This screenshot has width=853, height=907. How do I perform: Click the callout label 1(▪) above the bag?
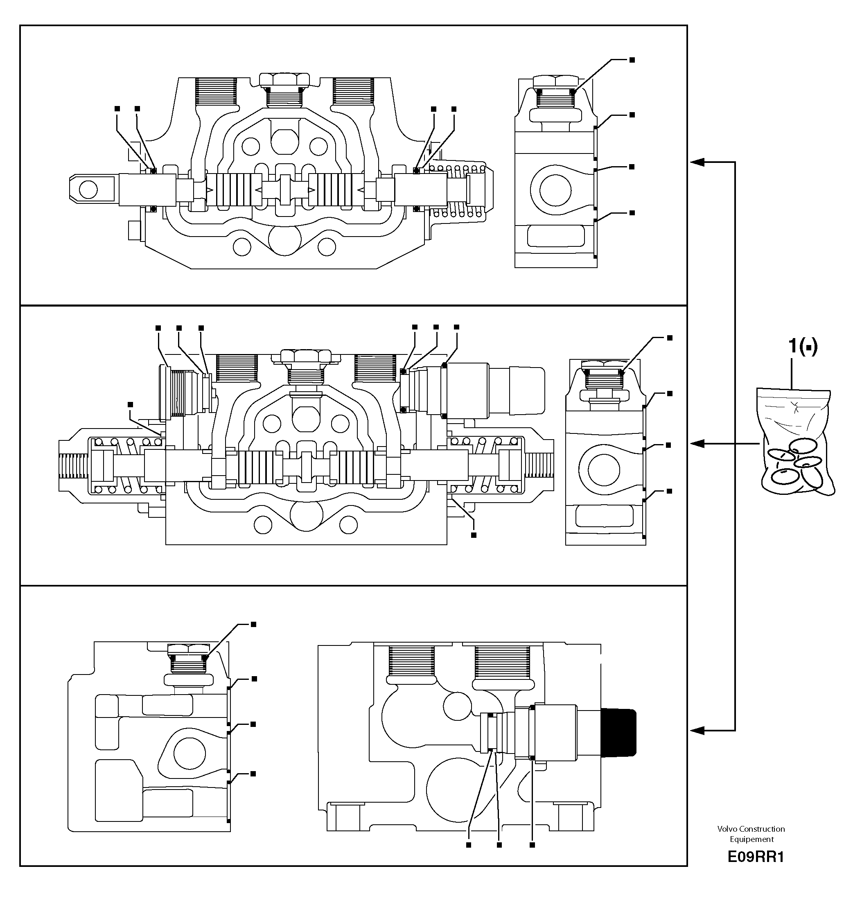click(803, 347)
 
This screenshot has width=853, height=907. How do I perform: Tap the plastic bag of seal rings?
click(794, 442)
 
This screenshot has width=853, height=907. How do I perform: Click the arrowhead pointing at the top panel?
click(697, 162)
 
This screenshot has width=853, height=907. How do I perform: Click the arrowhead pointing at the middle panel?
click(697, 443)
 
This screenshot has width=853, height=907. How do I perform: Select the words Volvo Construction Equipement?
click(751, 834)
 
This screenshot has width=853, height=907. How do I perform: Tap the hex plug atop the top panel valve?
click(284, 80)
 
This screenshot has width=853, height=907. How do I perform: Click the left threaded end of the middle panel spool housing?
click(73, 465)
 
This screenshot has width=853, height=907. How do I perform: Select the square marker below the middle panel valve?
click(474, 535)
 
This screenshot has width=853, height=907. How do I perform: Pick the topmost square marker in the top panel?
click(632, 60)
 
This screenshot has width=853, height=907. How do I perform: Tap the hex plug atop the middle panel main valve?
click(306, 356)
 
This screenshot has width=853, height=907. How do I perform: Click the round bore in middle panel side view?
click(603, 470)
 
